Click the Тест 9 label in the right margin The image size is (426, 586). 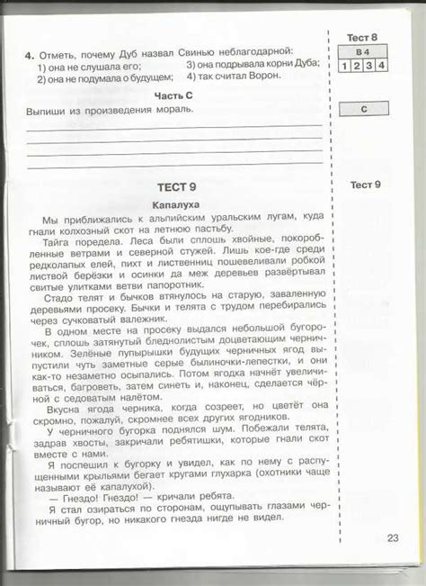365,185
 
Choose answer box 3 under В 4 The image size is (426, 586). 368,66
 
